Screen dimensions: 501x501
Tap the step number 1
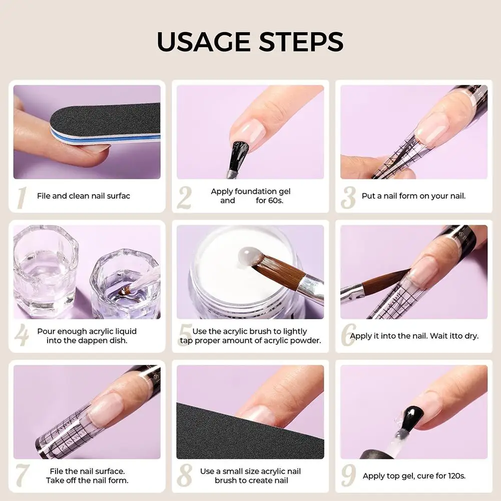pyautogui.click(x=21, y=197)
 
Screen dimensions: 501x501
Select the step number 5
pyautogui.click(x=185, y=336)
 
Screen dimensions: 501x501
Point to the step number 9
pyautogui.click(x=348, y=475)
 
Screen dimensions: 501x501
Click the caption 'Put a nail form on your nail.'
pyautogui.click(x=413, y=196)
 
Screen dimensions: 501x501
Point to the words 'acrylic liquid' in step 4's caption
pyautogui.click(x=112, y=331)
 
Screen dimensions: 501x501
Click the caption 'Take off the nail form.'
pyautogui.click(x=87, y=480)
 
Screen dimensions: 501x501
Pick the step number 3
pyautogui.click(x=348, y=197)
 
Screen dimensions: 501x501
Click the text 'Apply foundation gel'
pyautogui.click(x=250, y=191)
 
